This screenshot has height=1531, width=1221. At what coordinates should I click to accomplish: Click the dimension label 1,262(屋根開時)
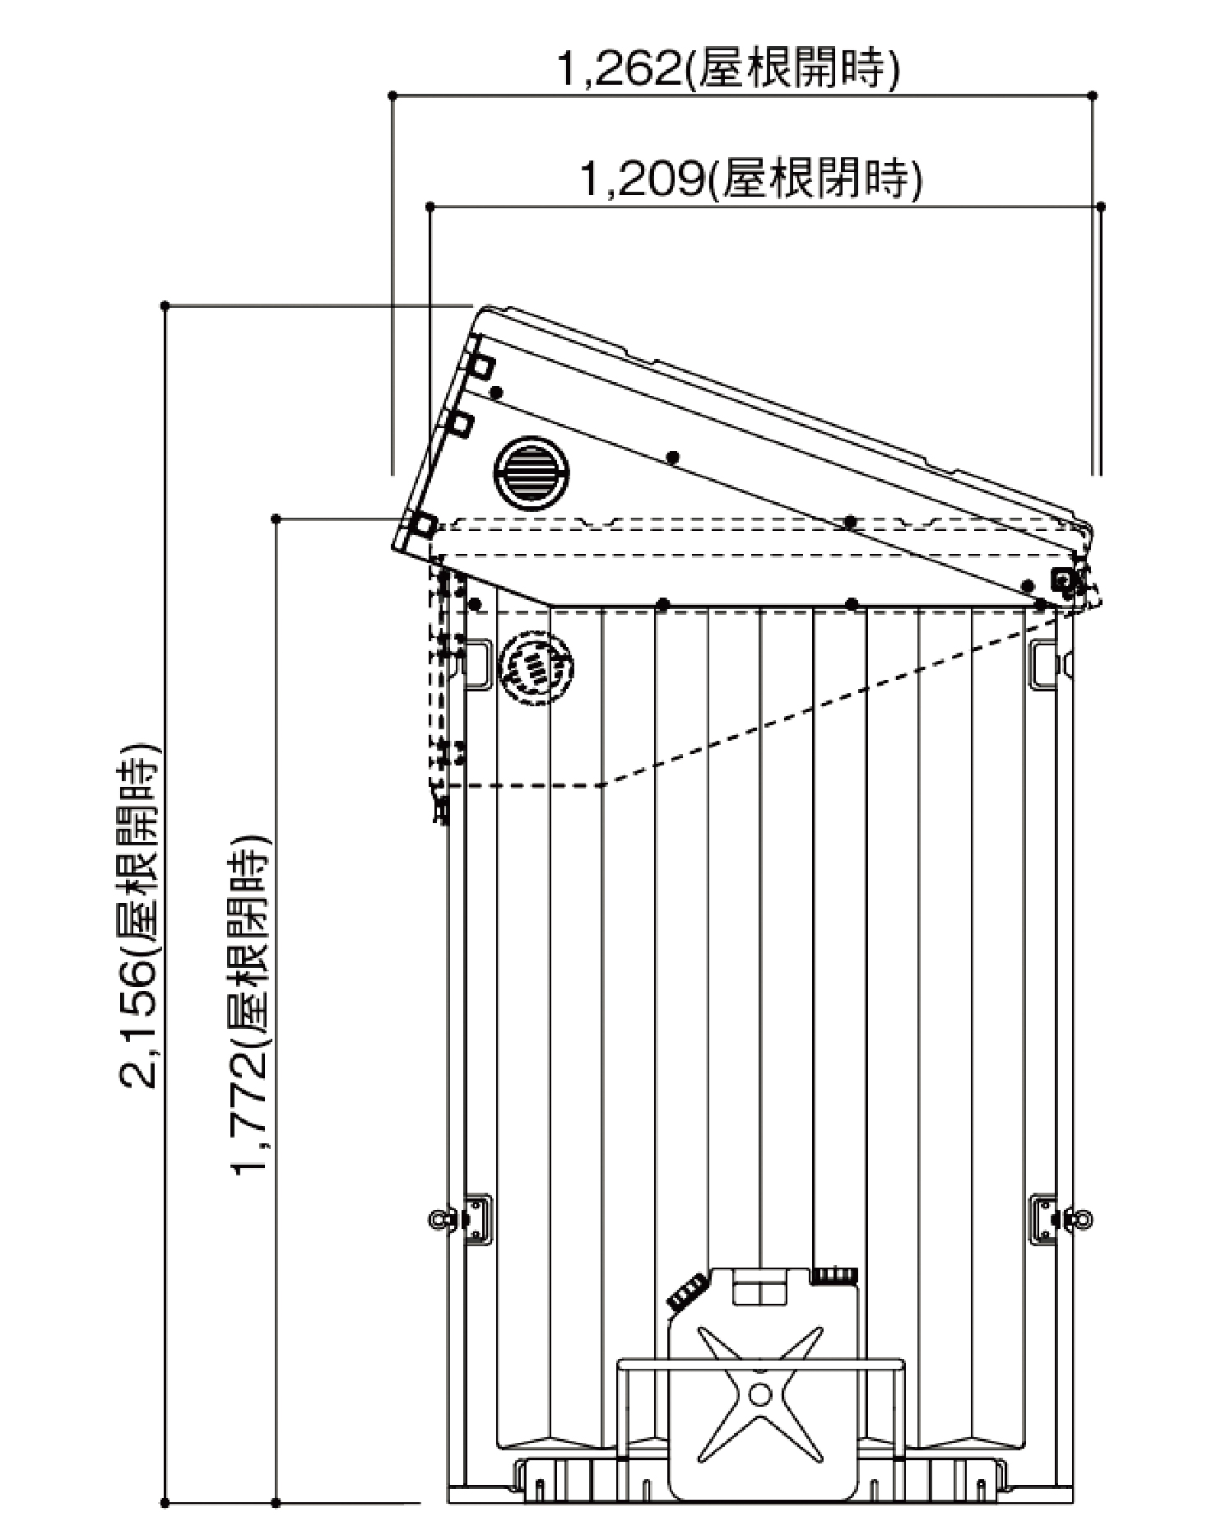[727, 69]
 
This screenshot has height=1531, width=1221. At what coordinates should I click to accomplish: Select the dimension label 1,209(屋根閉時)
[750, 178]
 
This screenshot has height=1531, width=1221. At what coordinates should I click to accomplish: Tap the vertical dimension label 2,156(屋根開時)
[140, 918]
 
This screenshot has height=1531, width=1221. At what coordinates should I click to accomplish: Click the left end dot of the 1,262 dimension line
[392, 96]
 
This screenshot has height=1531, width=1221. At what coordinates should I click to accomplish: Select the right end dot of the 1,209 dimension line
[1101, 207]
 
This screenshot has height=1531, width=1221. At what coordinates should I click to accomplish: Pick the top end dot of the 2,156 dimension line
[165, 306]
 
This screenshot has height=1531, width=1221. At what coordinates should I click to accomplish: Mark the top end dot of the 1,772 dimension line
[276, 519]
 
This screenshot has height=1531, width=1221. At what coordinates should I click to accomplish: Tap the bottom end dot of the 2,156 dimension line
[165, 1503]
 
